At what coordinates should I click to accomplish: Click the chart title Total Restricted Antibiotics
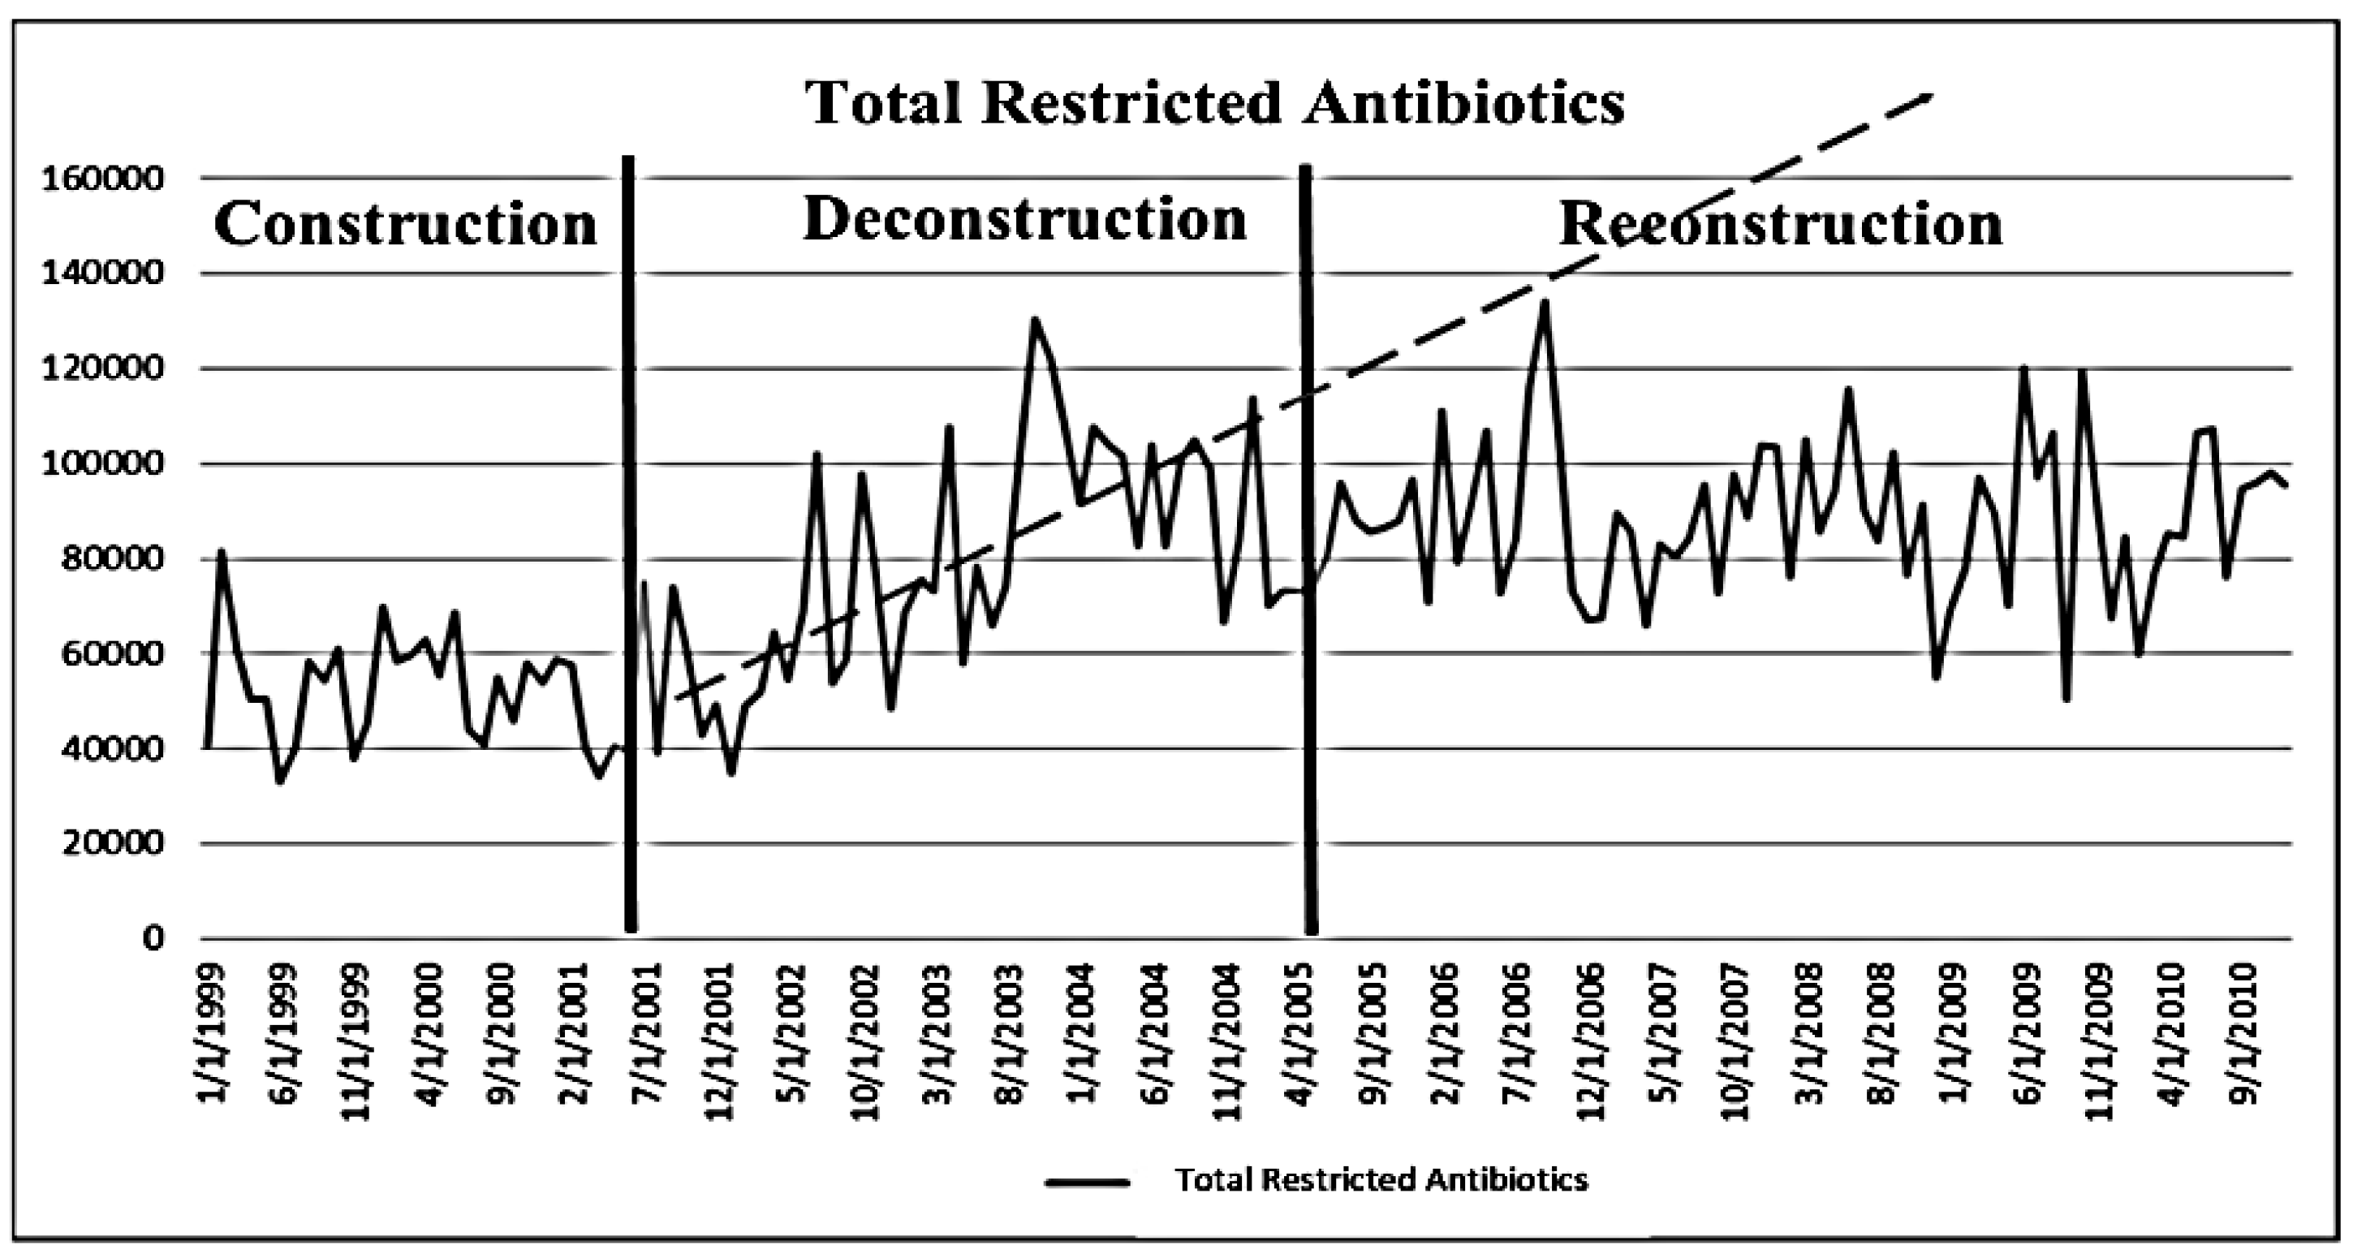tap(1214, 102)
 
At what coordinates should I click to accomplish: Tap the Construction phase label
tap(405, 224)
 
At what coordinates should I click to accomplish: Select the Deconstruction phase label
tap(1025, 219)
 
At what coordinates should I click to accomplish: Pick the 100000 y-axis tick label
tap(103, 464)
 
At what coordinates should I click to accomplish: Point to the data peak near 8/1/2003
tap(1033, 320)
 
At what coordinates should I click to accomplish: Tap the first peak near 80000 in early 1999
tap(220, 551)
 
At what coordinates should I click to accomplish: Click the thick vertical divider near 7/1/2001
tap(629, 548)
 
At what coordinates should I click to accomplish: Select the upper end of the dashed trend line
tap(1929, 94)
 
